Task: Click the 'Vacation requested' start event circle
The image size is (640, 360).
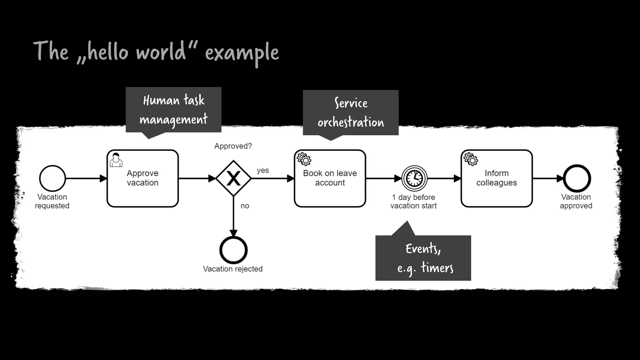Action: [x=52, y=178]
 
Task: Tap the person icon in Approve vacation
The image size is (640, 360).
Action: [x=116, y=160]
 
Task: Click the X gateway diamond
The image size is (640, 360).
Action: [x=233, y=178]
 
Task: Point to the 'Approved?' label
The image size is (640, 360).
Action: [x=233, y=146]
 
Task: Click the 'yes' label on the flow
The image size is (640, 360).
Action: [x=263, y=170]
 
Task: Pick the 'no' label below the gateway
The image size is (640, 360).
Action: [x=245, y=206]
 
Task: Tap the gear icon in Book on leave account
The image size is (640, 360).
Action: [x=304, y=159]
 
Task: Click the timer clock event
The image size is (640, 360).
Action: [x=414, y=178]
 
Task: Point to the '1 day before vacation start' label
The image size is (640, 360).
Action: [x=413, y=202]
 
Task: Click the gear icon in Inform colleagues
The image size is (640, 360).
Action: [x=471, y=159]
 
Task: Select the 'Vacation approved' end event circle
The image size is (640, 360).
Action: [x=577, y=178]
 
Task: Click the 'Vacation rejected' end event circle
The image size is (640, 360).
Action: [x=233, y=250]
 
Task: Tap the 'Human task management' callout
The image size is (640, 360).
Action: [x=173, y=110]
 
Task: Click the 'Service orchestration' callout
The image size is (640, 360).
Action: [x=351, y=112]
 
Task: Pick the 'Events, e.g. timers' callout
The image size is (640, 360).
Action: [x=423, y=258]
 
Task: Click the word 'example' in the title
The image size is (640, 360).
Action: [x=242, y=52]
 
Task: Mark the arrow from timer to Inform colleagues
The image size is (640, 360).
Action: [x=444, y=178]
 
